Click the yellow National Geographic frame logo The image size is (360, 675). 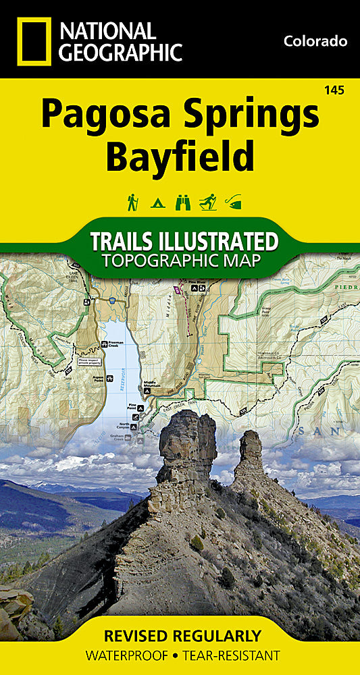pyautogui.click(x=32, y=41)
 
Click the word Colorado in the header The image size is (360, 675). pyautogui.click(x=315, y=41)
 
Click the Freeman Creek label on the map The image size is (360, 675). pyautogui.click(x=119, y=344)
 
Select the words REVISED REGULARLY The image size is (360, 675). pyautogui.click(x=182, y=636)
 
